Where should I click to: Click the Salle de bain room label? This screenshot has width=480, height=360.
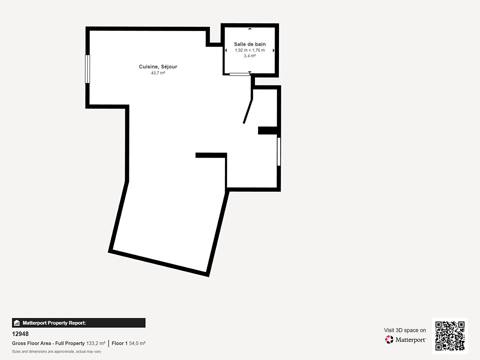(250, 44)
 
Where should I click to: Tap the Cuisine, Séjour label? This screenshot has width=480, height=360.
(158, 67)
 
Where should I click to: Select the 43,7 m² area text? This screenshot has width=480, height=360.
(158, 73)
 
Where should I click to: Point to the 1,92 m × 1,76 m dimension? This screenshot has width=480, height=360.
(250, 50)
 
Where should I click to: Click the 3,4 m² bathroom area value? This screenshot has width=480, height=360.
(250, 56)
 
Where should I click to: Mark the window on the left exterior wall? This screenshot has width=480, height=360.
(87, 69)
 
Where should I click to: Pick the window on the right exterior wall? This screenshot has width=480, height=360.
(279, 151)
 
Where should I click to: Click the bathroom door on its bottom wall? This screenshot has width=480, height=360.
(239, 74)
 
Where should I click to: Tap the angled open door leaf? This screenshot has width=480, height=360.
(248, 111)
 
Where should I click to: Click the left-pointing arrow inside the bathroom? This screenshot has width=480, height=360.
(226, 50)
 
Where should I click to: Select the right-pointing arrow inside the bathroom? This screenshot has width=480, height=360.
(274, 50)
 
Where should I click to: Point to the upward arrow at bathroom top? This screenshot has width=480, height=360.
(250, 28)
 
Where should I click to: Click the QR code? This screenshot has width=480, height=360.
(450, 336)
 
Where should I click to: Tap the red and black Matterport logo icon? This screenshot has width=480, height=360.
(389, 339)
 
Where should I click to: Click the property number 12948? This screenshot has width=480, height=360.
(20, 334)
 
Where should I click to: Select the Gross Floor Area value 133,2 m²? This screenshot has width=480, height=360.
(96, 343)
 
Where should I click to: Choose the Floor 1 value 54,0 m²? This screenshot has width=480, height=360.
(137, 343)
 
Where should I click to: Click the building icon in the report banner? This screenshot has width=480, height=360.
(17, 323)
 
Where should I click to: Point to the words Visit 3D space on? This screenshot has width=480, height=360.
(405, 330)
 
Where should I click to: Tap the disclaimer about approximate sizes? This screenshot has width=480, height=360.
(57, 351)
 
